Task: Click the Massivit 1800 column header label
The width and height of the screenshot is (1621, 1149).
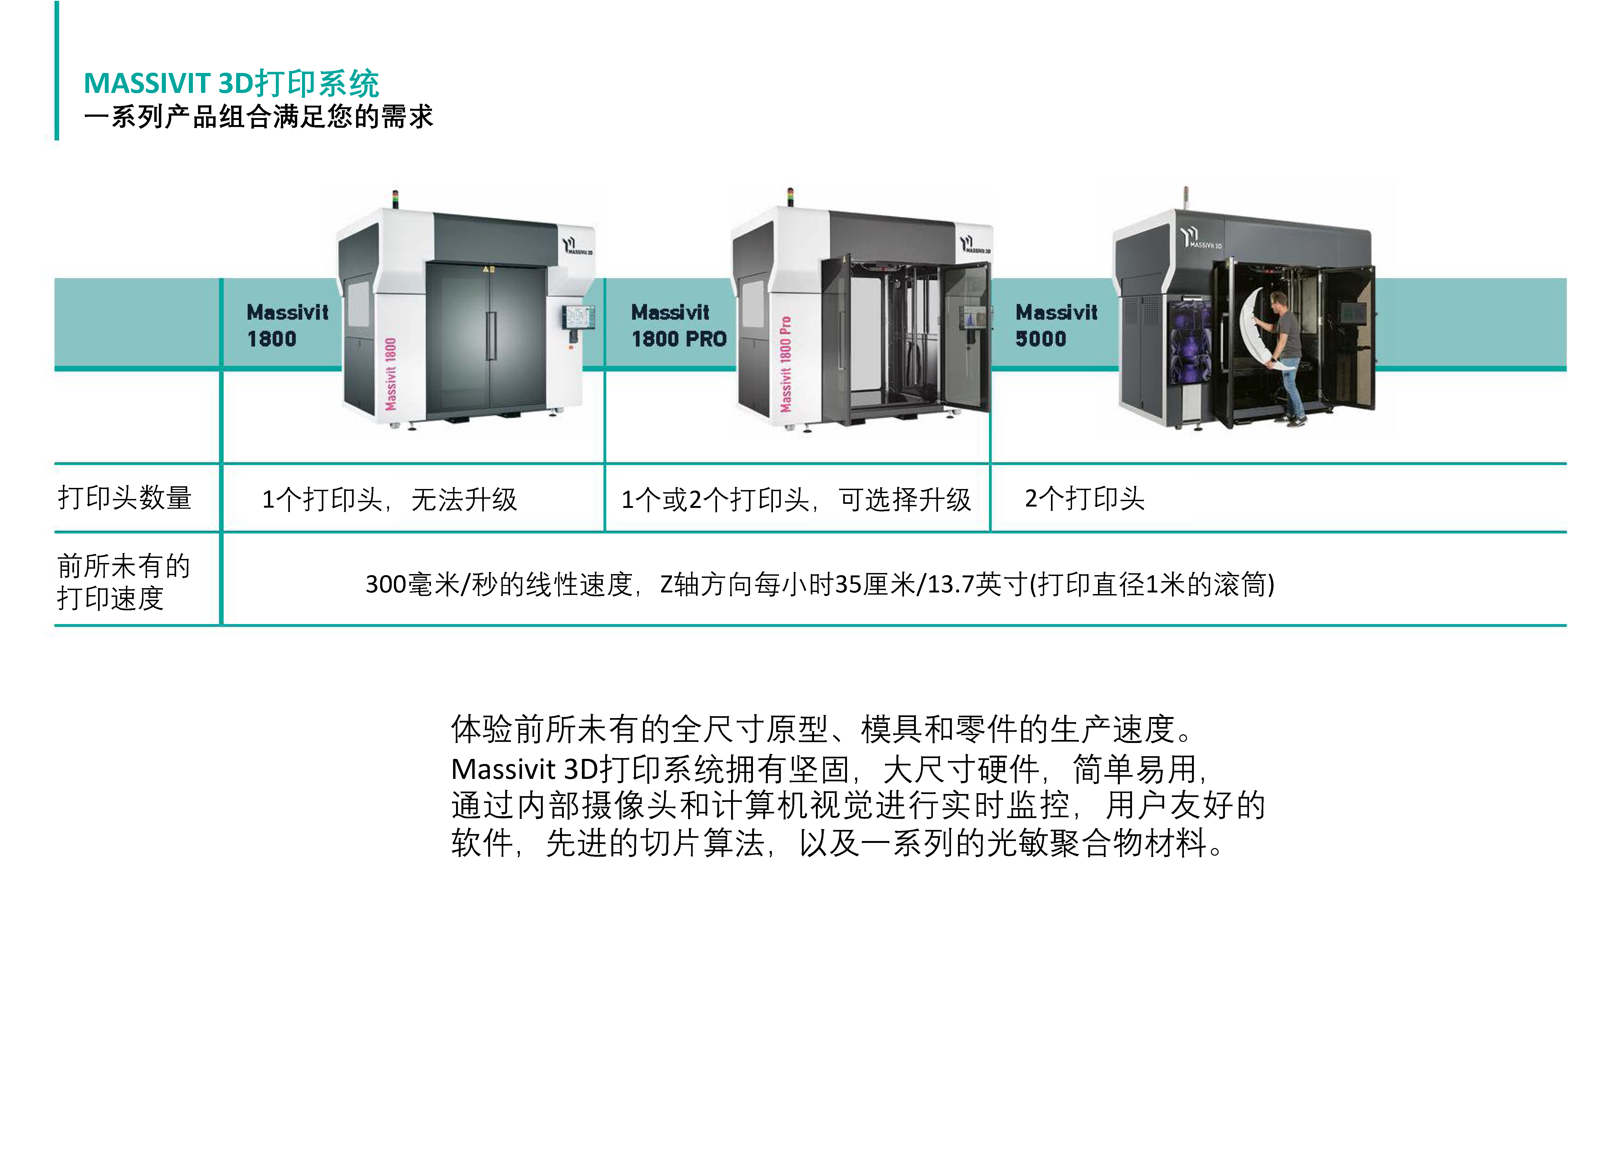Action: (x=287, y=326)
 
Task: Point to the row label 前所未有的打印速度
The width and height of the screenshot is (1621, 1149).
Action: (x=124, y=582)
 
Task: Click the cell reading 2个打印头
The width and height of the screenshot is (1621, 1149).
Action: (x=1085, y=498)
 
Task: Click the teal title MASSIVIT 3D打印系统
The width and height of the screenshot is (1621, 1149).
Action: (x=231, y=83)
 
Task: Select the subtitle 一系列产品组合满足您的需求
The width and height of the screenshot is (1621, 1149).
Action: (x=258, y=117)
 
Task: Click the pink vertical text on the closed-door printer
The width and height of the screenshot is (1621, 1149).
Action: (x=391, y=374)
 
